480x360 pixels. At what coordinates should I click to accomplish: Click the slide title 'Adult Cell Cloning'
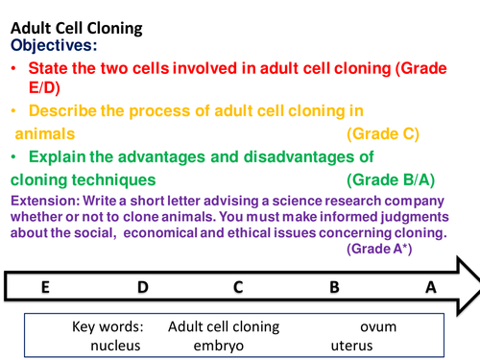(x=76, y=28)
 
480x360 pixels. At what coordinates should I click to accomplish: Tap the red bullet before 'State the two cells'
(x=14, y=70)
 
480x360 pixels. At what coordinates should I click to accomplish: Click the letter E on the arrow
(x=44, y=286)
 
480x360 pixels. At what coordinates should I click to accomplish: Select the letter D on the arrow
(x=142, y=286)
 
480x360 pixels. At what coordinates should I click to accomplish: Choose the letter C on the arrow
(x=238, y=286)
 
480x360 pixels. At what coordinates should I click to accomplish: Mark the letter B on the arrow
(x=334, y=286)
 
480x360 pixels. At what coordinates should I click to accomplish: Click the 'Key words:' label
(x=108, y=326)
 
